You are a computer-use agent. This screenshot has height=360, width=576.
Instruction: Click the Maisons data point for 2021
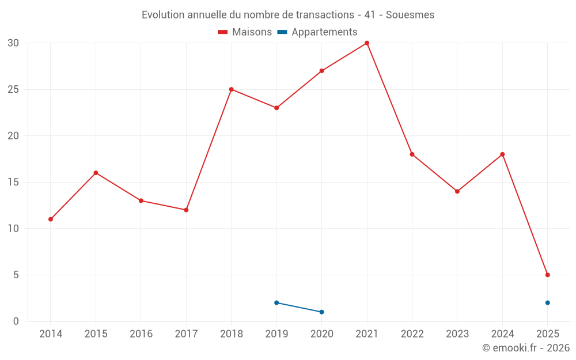pos(367,43)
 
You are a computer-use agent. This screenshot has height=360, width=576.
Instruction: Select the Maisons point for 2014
pos(51,219)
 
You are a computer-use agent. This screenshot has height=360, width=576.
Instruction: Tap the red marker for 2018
pos(232,89)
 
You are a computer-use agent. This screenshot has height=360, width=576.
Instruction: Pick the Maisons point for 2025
pos(548,275)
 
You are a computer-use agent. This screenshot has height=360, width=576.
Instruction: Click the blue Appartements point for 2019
pos(276,302)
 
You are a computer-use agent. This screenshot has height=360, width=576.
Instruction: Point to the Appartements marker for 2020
pos(321,312)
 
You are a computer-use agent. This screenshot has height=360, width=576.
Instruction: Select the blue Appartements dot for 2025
pos(548,302)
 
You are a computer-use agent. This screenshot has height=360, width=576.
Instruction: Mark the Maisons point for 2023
pos(457,191)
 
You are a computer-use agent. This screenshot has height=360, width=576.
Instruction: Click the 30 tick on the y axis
pos(13,43)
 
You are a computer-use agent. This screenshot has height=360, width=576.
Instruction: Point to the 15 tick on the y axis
pos(13,182)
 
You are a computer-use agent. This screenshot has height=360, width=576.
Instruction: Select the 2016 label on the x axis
pos(141,334)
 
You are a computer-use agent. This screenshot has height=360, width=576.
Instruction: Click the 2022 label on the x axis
pos(412,334)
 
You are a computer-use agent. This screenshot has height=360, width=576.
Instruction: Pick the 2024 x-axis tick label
pos(502,334)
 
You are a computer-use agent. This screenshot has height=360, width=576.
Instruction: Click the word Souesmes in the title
pos(410,15)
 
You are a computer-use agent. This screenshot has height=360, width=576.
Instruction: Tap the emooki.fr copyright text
pos(525,348)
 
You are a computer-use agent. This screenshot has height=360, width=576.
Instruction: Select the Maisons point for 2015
pos(96,173)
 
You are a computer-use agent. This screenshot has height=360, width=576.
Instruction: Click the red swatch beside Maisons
pos(223,32)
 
